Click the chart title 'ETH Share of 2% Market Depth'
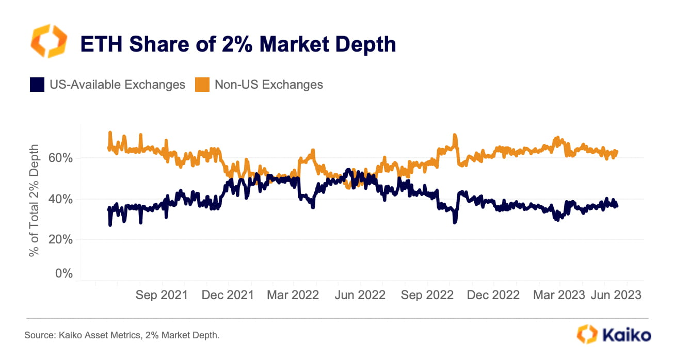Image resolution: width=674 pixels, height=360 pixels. coord(238,44)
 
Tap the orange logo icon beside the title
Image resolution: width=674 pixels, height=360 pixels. coord(49,41)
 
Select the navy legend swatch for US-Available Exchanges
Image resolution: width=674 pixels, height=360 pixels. coord(37,85)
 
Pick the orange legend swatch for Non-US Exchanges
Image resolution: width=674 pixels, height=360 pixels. coord(202,85)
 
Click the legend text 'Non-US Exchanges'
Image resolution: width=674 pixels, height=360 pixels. coord(268,85)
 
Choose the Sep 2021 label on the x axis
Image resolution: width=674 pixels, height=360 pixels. coord(162,296)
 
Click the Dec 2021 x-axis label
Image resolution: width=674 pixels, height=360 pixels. coord(228,296)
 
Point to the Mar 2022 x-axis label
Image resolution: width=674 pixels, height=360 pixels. coord(293,296)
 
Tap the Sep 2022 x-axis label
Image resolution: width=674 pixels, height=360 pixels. coord(426,296)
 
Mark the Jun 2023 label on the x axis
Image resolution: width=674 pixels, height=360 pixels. coord(616,296)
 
